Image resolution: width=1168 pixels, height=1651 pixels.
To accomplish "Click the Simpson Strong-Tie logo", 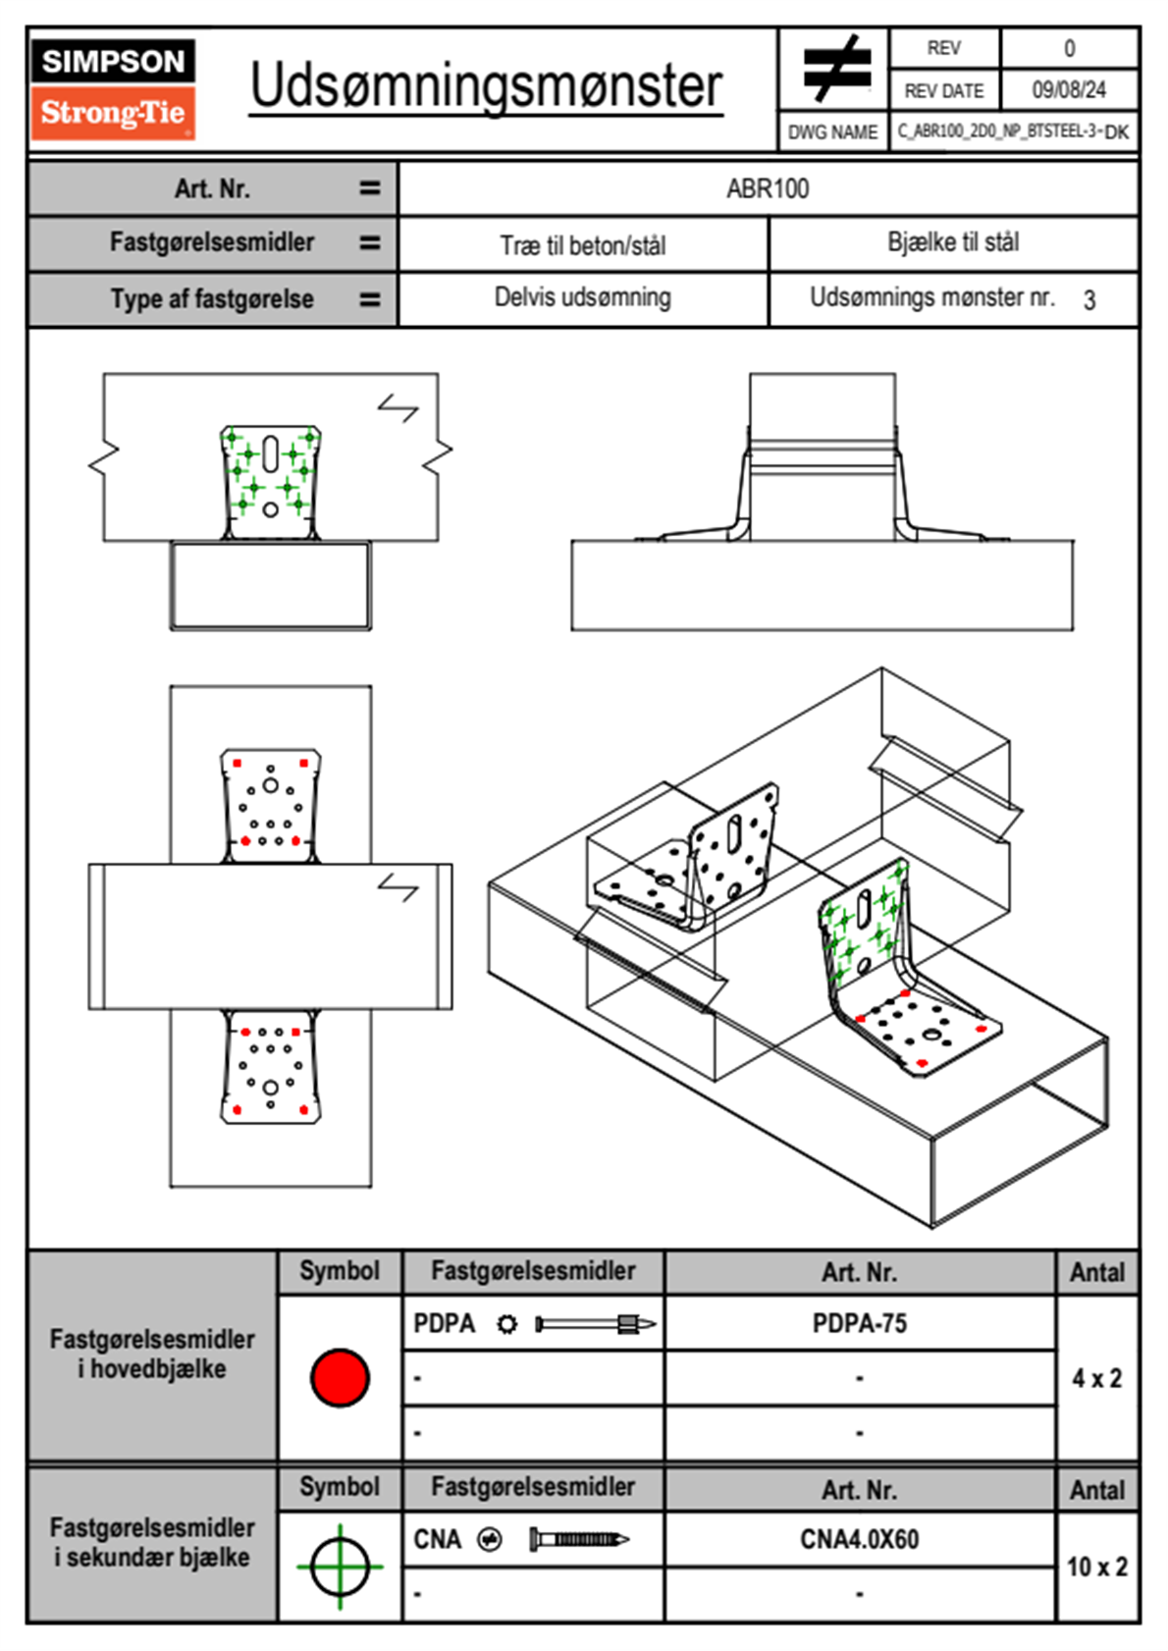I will (x=113, y=88).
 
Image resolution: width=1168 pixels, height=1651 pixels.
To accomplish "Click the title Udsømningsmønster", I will (x=486, y=86).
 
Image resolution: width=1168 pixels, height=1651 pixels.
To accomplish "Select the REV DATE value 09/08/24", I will (x=1068, y=90).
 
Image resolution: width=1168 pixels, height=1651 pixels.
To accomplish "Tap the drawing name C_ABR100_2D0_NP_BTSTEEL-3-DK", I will (x=1013, y=132).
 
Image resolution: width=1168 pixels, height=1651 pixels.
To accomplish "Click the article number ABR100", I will (x=768, y=188).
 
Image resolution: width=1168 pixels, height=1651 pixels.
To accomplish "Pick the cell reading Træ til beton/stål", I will (x=583, y=245).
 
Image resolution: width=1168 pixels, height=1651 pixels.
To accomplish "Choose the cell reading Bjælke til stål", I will (x=953, y=242).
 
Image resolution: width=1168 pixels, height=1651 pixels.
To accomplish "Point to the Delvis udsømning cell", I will (x=583, y=297).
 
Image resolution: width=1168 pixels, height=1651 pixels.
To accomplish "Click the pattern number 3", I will (x=1088, y=300).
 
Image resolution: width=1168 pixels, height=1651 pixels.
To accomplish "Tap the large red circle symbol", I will (x=340, y=1377).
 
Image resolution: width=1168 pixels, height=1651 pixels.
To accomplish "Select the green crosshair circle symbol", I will (x=340, y=1566).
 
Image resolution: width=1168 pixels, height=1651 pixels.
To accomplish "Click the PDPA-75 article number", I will (x=860, y=1323).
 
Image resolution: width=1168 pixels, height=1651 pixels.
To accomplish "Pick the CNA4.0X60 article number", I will (x=860, y=1539).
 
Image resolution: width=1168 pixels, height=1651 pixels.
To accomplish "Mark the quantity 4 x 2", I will (x=1096, y=1378).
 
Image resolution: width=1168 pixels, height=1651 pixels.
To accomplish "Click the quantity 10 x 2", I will (x=1096, y=1567).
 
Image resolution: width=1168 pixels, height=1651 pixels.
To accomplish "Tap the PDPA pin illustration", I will (x=595, y=1324).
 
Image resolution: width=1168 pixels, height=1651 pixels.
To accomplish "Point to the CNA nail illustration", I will (x=579, y=1539).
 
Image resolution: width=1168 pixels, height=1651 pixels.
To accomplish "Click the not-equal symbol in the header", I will (x=834, y=69).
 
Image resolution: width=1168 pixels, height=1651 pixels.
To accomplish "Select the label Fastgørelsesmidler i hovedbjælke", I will (x=152, y=1354).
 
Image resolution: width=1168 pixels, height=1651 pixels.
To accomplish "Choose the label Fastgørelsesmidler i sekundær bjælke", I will (x=152, y=1542).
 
